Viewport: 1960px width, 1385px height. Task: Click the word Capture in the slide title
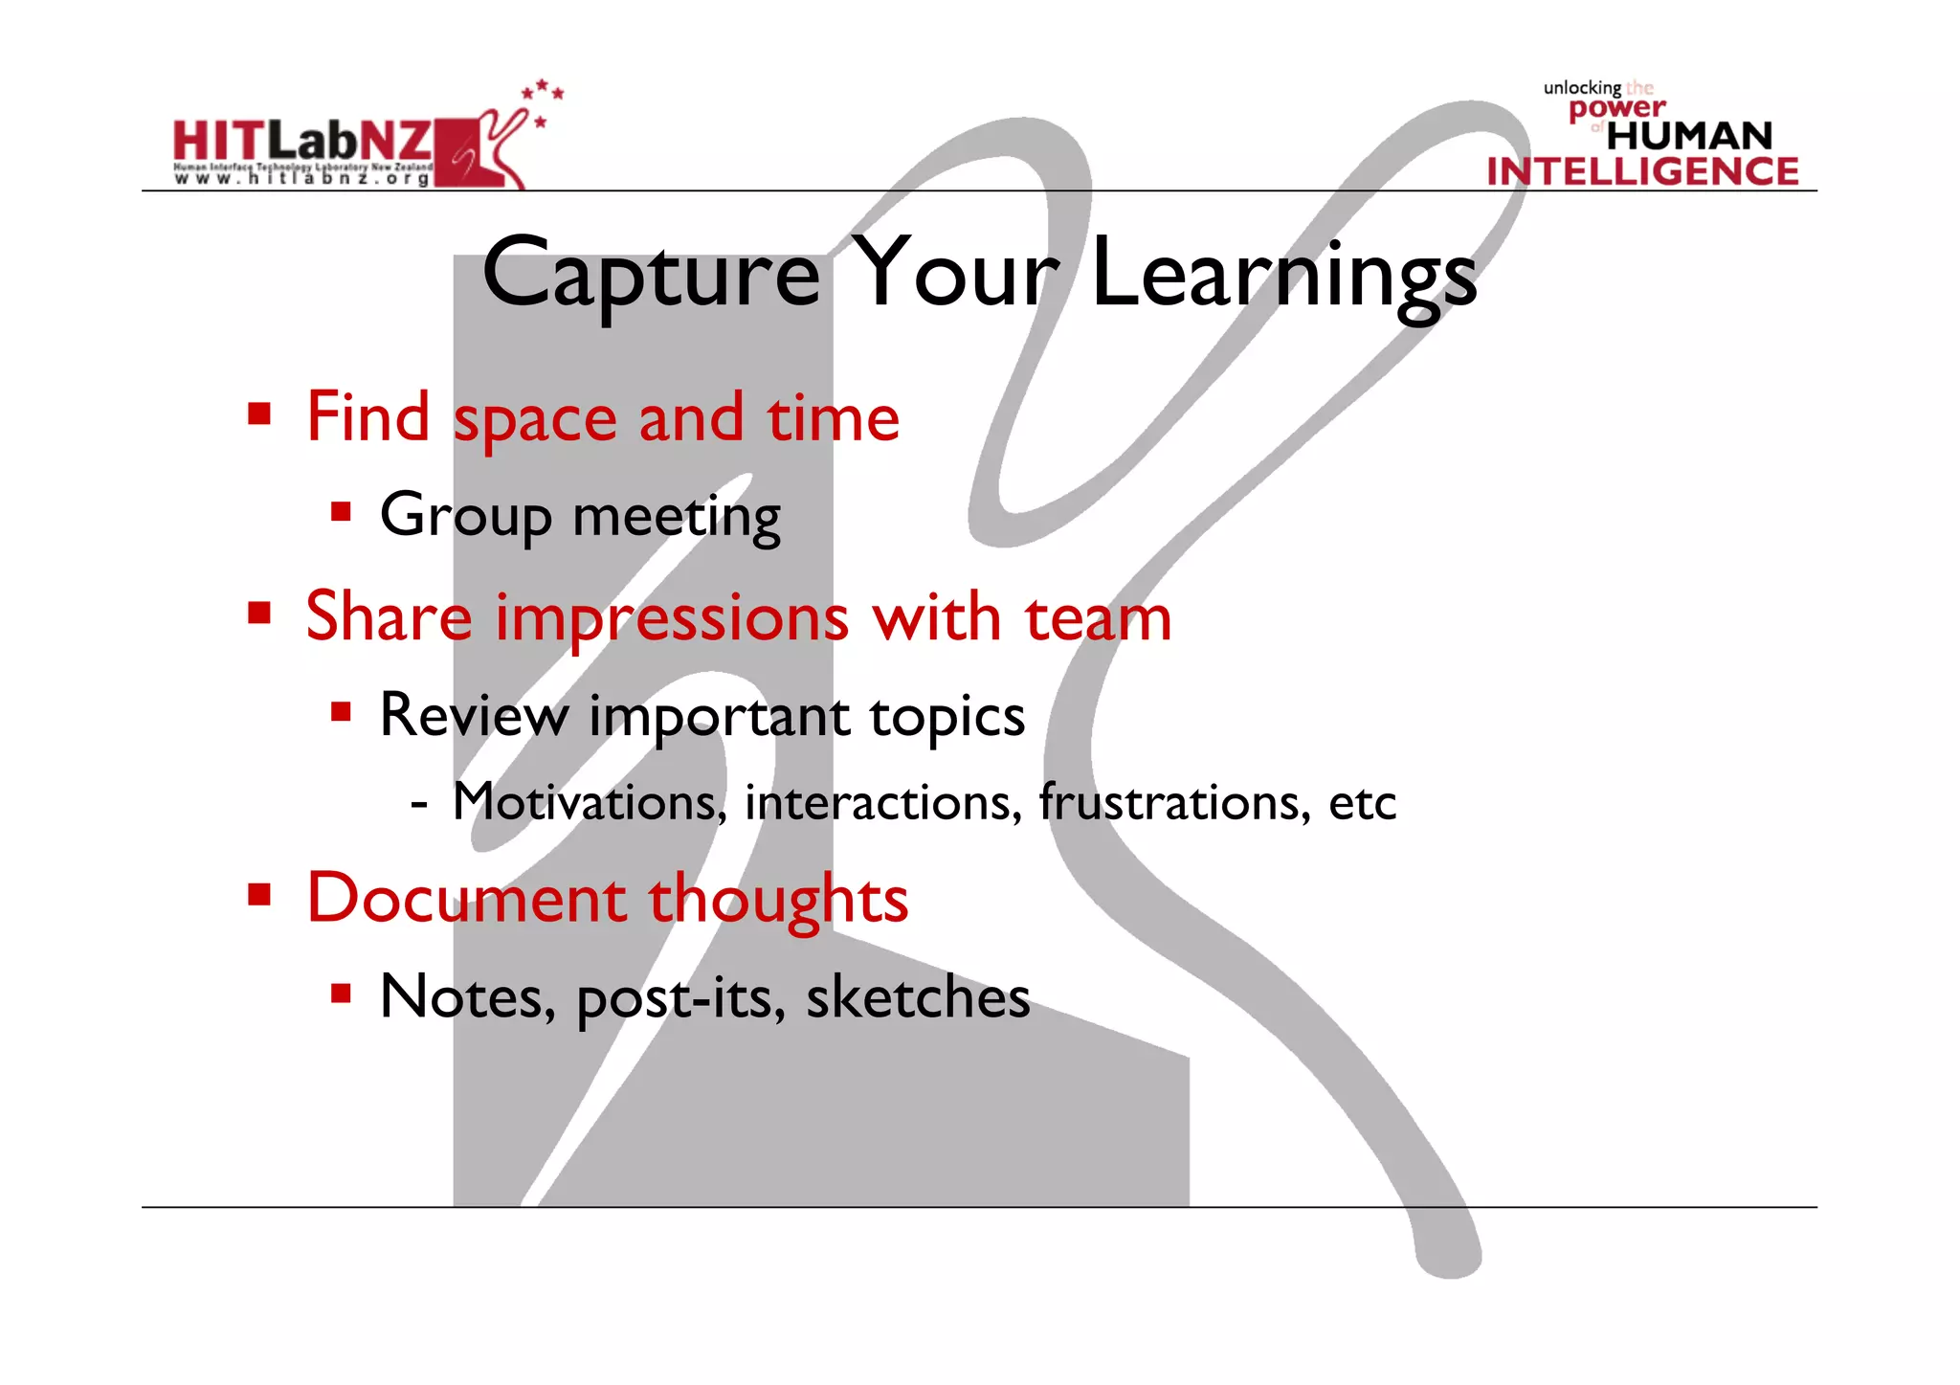651,276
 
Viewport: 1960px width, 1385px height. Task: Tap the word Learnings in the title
1284,276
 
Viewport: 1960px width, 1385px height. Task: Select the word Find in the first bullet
367,417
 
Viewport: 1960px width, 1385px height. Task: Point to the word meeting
676,517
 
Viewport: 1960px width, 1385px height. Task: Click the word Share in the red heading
389,616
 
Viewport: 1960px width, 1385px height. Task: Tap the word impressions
671,618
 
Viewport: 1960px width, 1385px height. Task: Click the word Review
474,715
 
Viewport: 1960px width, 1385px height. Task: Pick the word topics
947,717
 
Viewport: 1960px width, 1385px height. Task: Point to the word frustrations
1174,802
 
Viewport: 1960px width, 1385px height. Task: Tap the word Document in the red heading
466,899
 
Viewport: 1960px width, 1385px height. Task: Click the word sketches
918,997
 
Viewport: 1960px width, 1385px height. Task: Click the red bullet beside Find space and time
259,414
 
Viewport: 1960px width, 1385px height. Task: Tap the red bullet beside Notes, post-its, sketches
341,993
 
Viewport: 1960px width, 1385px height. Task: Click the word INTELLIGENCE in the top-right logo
1642,171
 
